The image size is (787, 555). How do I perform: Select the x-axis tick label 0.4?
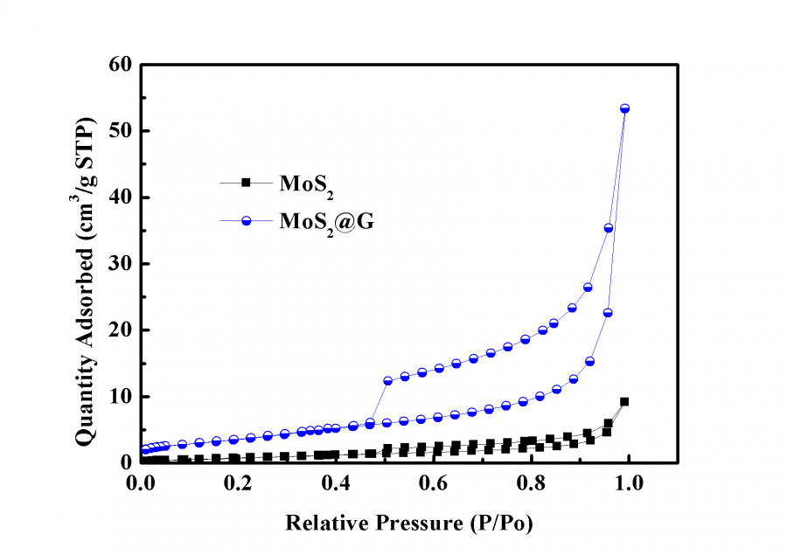pos(335,482)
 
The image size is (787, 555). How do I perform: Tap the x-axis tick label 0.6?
pos(433,482)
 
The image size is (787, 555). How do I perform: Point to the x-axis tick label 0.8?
pos(531,482)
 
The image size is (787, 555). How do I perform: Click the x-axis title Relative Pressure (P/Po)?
pos(408,523)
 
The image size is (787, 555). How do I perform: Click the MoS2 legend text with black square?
pos(305,184)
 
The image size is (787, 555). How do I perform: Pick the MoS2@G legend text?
pos(321,222)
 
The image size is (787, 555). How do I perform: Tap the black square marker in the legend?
pos(247,182)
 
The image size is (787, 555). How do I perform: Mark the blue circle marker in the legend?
pos(247,221)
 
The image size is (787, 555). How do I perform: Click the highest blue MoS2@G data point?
pos(624,108)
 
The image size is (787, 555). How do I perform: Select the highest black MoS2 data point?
pos(624,402)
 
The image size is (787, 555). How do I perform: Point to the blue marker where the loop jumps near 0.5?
pos(388,381)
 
